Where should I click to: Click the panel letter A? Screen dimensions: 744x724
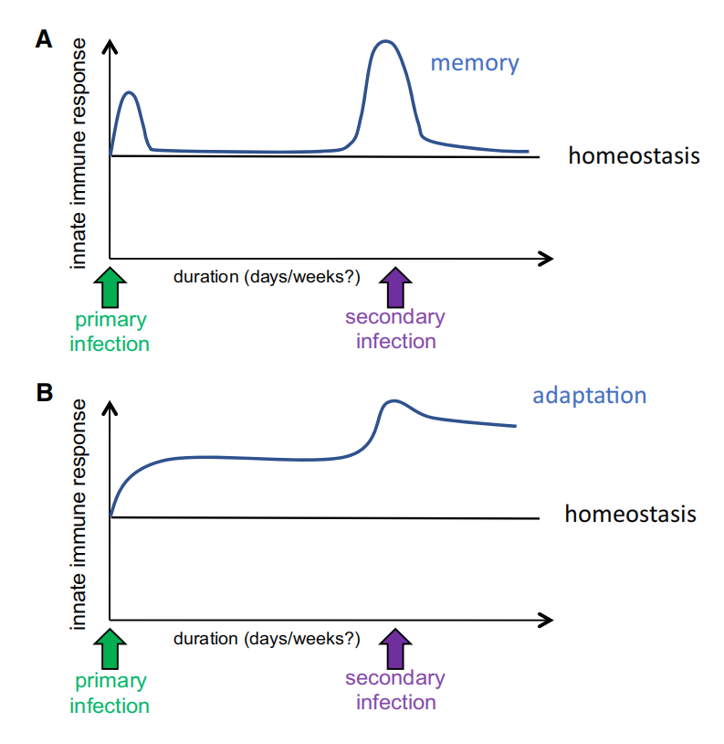click(44, 39)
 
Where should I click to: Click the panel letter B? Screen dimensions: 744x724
click(44, 393)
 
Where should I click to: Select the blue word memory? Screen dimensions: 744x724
click(474, 63)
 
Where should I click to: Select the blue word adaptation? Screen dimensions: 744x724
click(589, 395)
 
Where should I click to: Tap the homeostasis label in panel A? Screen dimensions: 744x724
click(634, 155)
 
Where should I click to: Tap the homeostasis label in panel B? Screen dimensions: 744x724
click(630, 514)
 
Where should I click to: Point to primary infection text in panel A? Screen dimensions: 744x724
click(110, 332)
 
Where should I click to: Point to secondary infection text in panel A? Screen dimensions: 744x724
click(395, 329)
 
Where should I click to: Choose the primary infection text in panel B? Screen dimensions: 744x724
click(110, 693)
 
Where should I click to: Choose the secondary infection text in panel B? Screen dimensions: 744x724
click(395, 690)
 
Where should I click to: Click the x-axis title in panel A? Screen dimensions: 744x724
click(267, 276)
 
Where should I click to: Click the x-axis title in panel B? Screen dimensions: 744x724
click(267, 637)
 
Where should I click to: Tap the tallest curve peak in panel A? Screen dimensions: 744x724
click(385, 41)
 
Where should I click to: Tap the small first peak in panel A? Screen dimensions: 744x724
click(131, 92)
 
